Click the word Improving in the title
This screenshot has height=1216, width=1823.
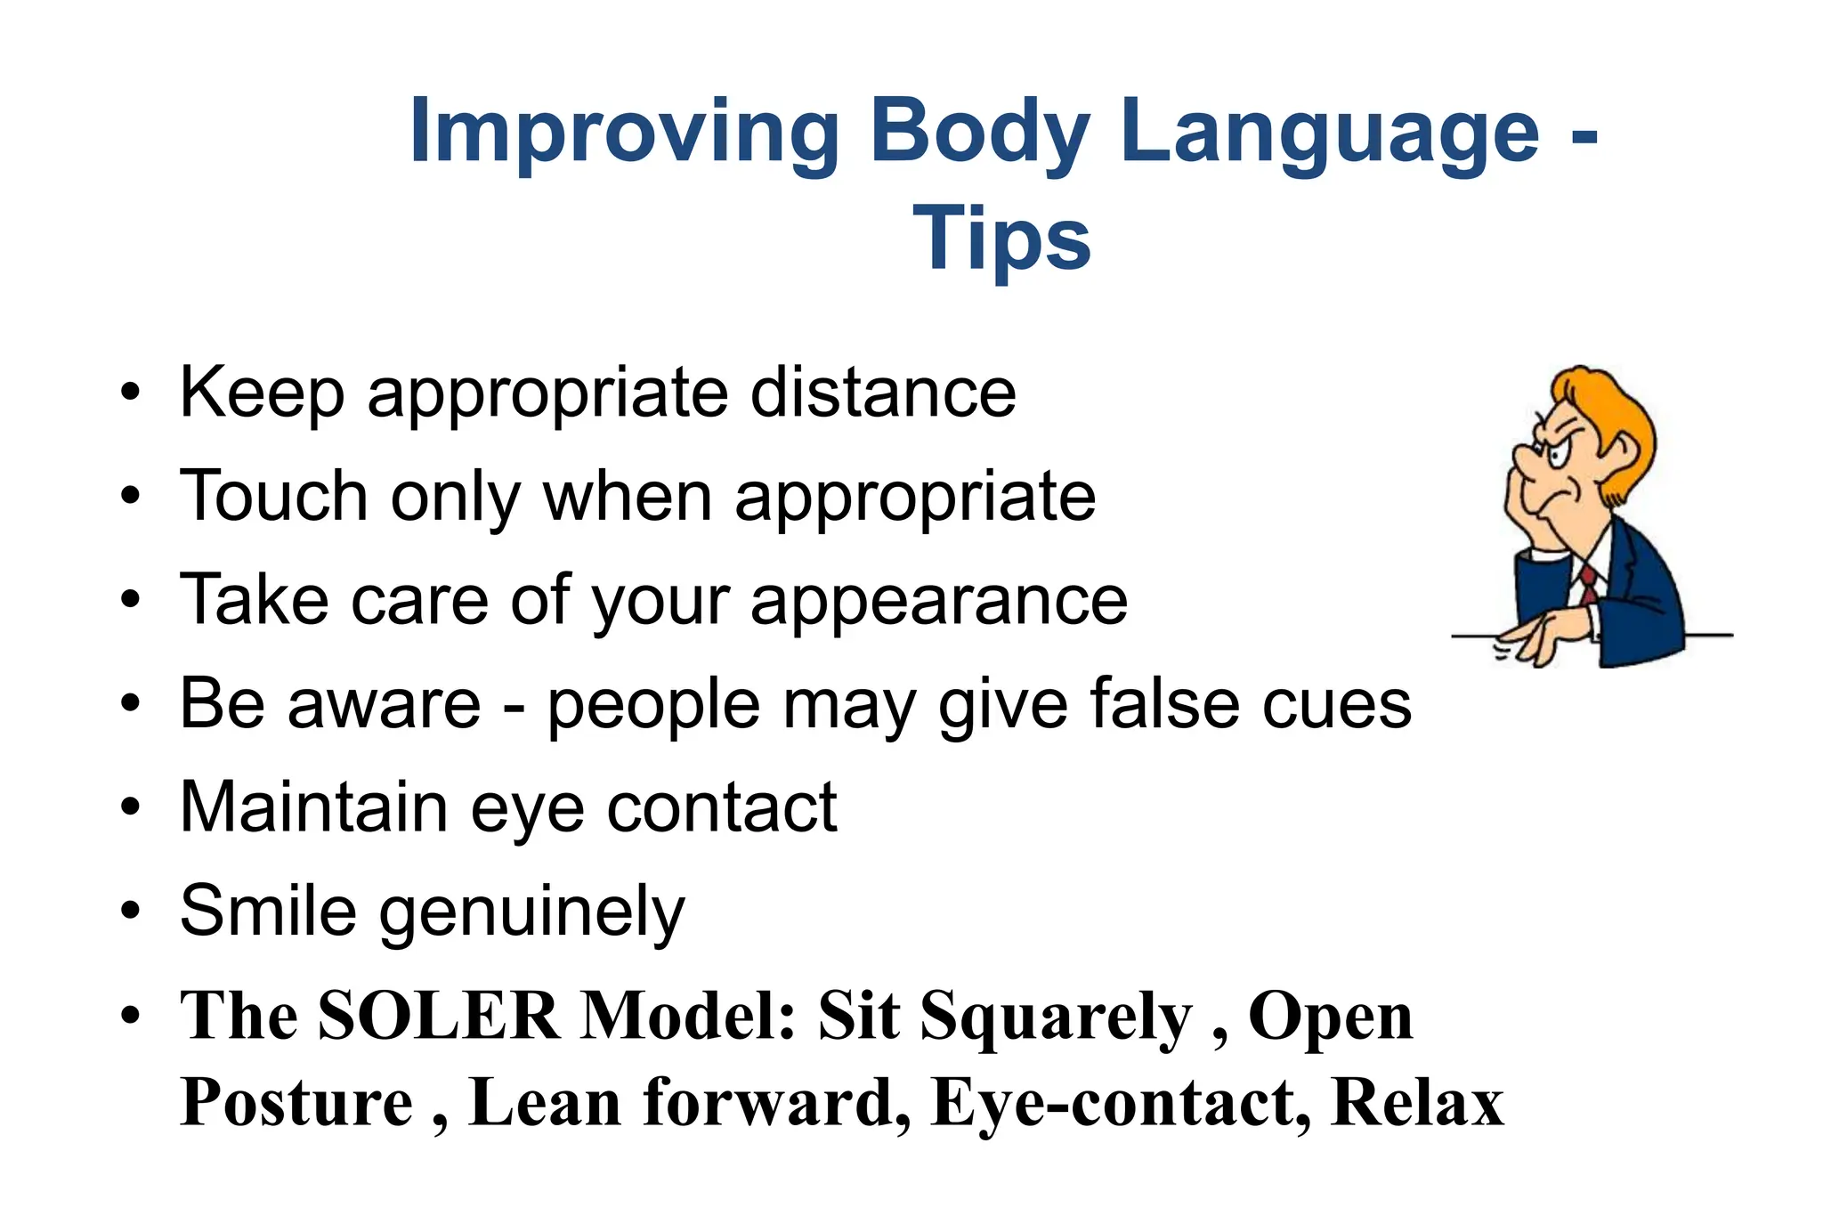pyautogui.click(x=624, y=134)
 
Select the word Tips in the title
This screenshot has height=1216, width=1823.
pyautogui.click(x=1001, y=239)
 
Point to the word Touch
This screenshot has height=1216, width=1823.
pyautogui.click(x=273, y=496)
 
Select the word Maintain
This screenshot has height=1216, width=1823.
pyautogui.click(x=313, y=807)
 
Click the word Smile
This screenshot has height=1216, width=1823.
pyautogui.click(x=268, y=911)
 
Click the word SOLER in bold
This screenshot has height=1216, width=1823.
pyautogui.click(x=439, y=1016)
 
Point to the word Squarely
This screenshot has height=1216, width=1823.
pyautogui.click(x=1056, y=1017)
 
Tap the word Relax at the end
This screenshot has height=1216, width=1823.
pyautogui.click(x=1417, y=1103)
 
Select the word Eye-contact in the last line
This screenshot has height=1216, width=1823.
pyautogui.click(x=1121, y=1103)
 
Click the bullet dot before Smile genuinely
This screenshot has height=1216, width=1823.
pyautogui.click(x=131, y=912)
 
